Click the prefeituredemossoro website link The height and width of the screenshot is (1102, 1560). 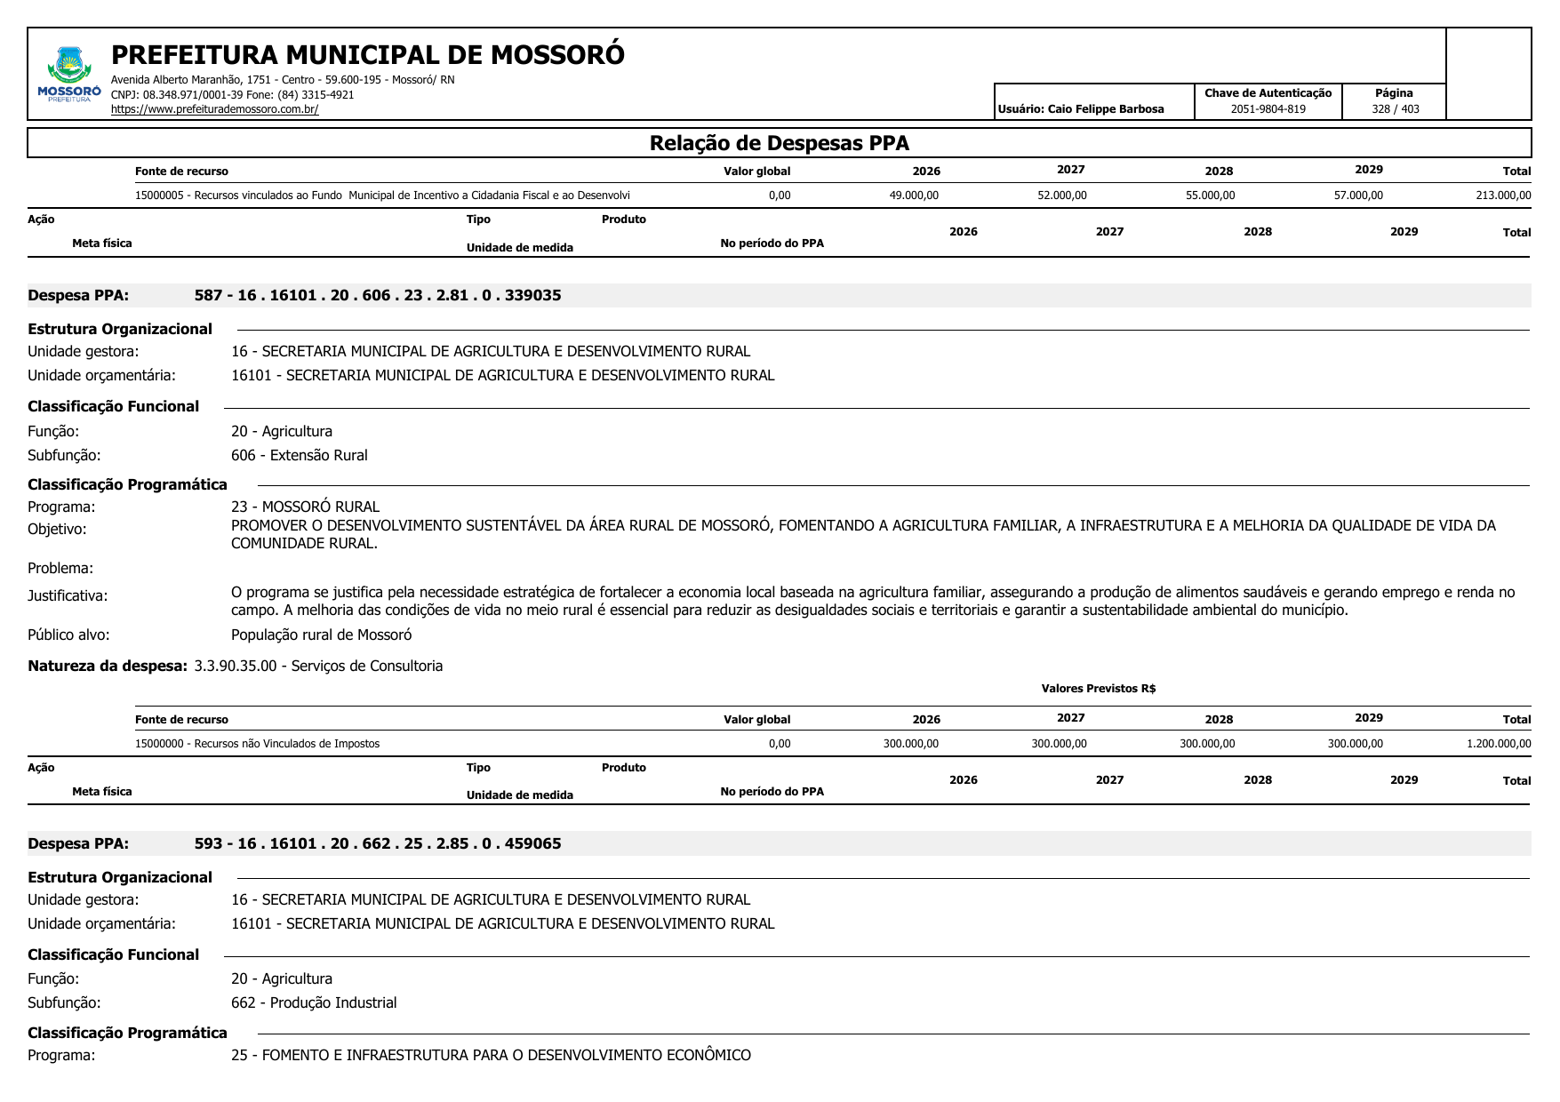(214, 109)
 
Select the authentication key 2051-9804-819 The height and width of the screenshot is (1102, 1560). (1268, 109)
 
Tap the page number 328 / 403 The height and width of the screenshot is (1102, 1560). (1395, 109)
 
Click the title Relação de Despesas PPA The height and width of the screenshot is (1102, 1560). (779, 143)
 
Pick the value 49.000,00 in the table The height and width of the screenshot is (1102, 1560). (914, 196)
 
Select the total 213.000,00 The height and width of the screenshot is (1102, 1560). (1503, 196)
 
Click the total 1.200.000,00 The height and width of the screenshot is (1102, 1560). (1499, 744)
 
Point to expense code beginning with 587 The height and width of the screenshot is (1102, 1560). (378, 295)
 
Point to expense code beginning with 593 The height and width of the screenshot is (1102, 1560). (378, 843)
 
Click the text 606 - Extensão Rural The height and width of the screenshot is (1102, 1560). (299, 455)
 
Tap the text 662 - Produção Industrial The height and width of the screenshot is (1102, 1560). (314, 1002)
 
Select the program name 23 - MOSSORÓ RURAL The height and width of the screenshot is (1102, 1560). (305, 507)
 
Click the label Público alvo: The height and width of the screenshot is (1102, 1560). (68, 635)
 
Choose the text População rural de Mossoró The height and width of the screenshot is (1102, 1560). (321, 635)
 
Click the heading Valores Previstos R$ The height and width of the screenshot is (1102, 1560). (1098, 689)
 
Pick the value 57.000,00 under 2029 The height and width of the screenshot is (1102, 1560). (1358, 196)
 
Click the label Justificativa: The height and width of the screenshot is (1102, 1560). (68, 595)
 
